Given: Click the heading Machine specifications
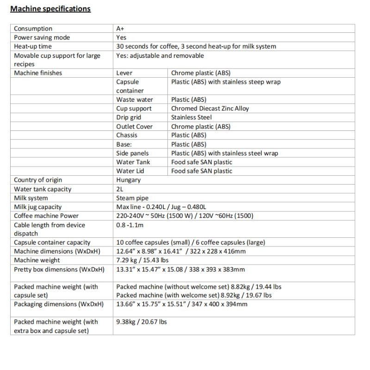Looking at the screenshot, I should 50,9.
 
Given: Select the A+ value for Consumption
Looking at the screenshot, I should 120,29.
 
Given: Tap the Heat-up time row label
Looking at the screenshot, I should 33,46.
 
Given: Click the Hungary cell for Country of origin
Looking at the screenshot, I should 128,180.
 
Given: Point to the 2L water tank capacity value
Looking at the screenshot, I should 120,189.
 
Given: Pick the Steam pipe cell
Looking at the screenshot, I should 132,198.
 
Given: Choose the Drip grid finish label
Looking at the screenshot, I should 129,117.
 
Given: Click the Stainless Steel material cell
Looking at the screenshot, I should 191,117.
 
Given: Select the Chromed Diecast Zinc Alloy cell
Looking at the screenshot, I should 210,109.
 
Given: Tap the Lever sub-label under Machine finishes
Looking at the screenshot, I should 124,73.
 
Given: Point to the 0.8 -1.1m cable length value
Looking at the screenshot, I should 130,225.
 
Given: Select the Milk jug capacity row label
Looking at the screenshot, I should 37,207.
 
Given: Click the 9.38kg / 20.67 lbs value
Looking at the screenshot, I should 142,322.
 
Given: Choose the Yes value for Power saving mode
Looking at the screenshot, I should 121,37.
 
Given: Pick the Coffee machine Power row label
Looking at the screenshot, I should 46,216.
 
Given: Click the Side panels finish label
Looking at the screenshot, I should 132,153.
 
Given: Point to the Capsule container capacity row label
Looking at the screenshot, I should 52,242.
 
